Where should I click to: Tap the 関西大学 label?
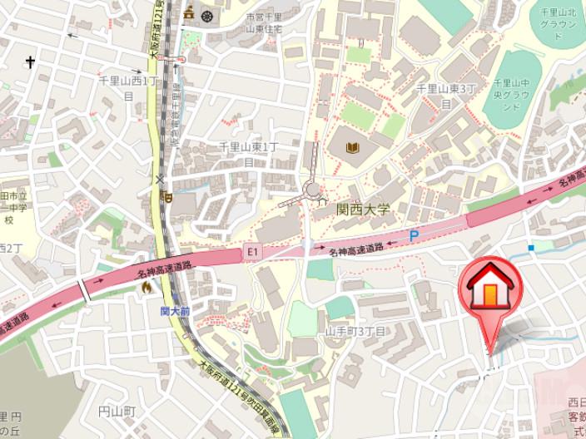363,210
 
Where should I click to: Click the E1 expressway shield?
253,251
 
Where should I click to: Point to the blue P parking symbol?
414,236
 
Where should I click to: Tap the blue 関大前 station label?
175,311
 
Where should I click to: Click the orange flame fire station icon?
147,288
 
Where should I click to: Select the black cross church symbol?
31,62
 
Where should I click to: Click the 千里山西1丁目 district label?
128,88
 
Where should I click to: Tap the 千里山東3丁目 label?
446,95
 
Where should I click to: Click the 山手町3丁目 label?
355,330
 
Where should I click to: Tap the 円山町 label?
117,412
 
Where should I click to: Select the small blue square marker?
531,247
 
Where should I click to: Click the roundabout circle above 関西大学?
313,190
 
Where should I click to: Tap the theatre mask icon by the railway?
167,197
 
